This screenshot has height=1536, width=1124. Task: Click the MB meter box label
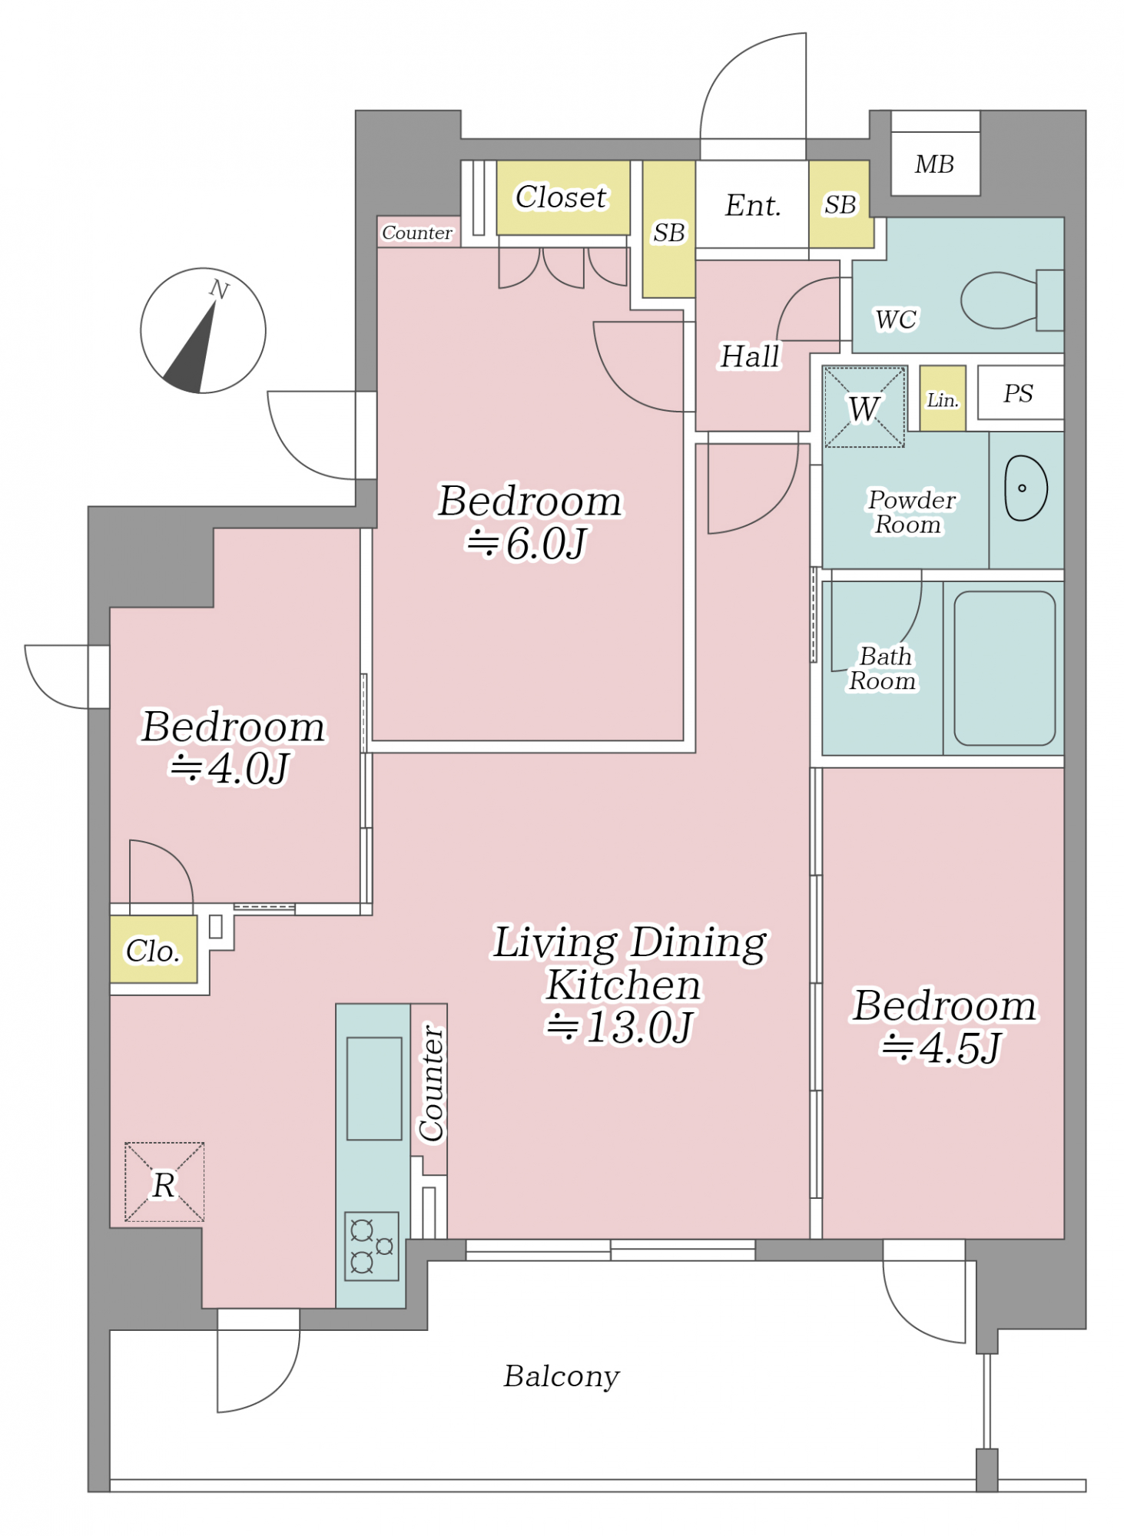tap(934, 164)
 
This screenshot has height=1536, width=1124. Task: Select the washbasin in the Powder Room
tap(1026, 488)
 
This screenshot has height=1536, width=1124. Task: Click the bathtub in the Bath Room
tap(1004, 668)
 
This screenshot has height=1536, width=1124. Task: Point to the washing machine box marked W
tap(864, 407)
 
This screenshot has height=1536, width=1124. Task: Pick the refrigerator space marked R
tap(164, 1182)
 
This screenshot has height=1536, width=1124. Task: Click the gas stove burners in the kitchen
tap(372, 1246)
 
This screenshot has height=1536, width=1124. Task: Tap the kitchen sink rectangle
tap(374, 1088)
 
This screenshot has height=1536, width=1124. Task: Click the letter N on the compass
tap(219, 290)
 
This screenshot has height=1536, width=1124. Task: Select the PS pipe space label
tap(1018, 393)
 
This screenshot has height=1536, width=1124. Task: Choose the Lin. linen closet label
tap(943, 400)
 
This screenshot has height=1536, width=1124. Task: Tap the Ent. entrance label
tap(753, 205)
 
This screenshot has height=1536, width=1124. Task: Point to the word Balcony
tap(562, 1376)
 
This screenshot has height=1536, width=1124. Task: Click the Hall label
tap(750, 356)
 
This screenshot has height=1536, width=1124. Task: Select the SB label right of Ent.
tap(840, 205)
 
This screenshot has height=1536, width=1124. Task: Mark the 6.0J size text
tap(528, 545)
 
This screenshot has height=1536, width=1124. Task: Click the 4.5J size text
tap(942, 1048)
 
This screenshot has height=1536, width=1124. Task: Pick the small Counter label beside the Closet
tap(417, 233)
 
